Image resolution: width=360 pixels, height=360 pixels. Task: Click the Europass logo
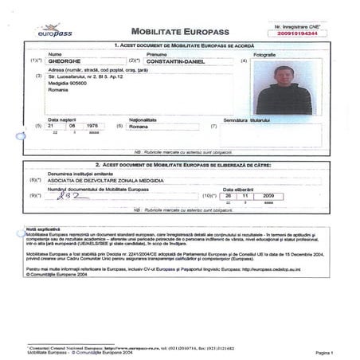tap(53, 30)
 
